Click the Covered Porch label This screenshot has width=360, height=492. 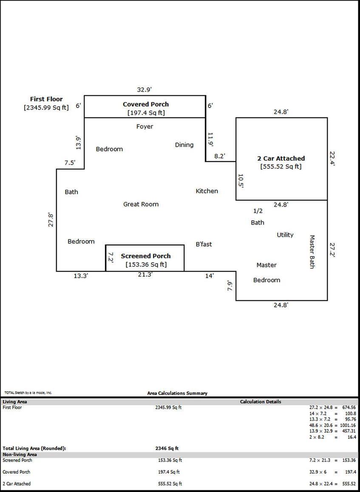click(146, 104)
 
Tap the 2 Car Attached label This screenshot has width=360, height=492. click(281, 158)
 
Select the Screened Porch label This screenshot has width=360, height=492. click(146, 256)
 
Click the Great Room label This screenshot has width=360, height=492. click(141, 204)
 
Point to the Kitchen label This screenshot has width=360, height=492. click(207, 191)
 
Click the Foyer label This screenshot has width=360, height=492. click(145, 126)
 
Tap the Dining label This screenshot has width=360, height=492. click(184, 145)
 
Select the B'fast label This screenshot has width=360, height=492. click(204, 244)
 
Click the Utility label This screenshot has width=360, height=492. click(285, 235)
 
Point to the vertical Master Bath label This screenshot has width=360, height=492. click(312, 252)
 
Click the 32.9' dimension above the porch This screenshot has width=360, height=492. click(145, 90)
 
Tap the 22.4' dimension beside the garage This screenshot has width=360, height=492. click(332, 158)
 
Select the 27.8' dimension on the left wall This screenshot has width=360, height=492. click(51, 219)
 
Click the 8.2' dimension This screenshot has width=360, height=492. click(220, 156)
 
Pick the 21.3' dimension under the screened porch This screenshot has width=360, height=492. click(145, 275)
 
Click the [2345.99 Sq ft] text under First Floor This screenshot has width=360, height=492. click(46, 108)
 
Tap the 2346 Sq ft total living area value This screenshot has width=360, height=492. click(167, 448)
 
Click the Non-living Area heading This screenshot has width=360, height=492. click(20, 455)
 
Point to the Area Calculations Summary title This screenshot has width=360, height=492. click(177, 393)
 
